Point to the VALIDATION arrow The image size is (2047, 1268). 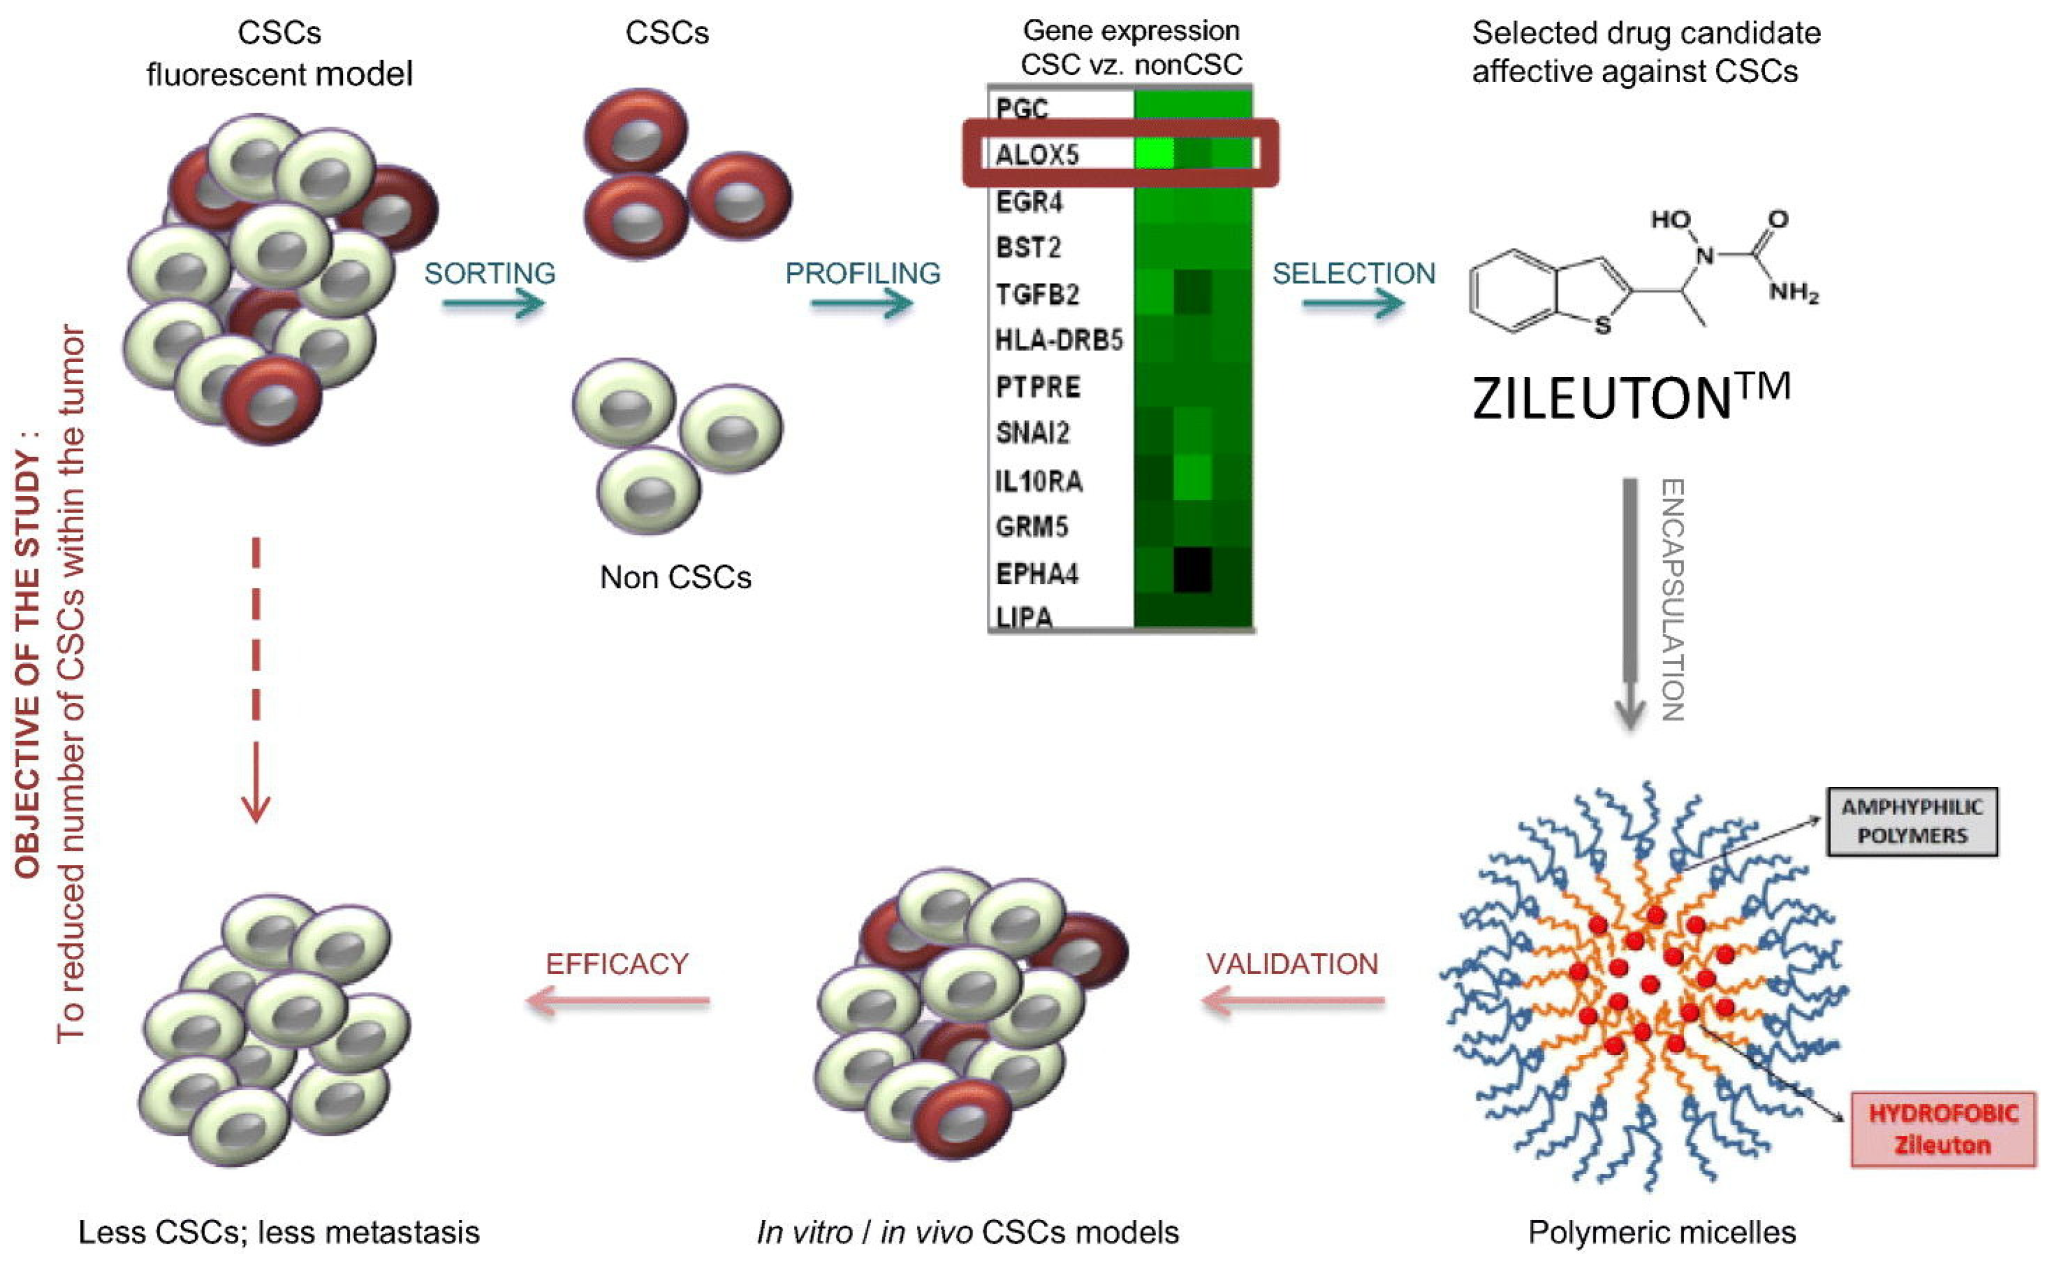[x=1293, y=1000]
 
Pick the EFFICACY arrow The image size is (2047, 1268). [x=617, y=1000]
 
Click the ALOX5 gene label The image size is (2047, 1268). [x=1037, y=154]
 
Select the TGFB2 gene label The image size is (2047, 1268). [x=1037, y=294]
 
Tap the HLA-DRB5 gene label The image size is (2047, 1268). [x=1058, y=340]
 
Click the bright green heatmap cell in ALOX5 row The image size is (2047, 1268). [x=1154, y=153]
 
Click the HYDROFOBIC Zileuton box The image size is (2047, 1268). [x=1942, y=1129]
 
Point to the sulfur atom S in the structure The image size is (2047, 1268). [x=1602, y=325]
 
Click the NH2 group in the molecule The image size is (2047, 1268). [x=1793, y=292]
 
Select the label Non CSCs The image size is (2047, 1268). [x=675, y=577]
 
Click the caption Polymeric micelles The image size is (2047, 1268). [x=1661, y=1232]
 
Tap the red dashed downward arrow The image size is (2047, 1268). [x=256, y=679]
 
